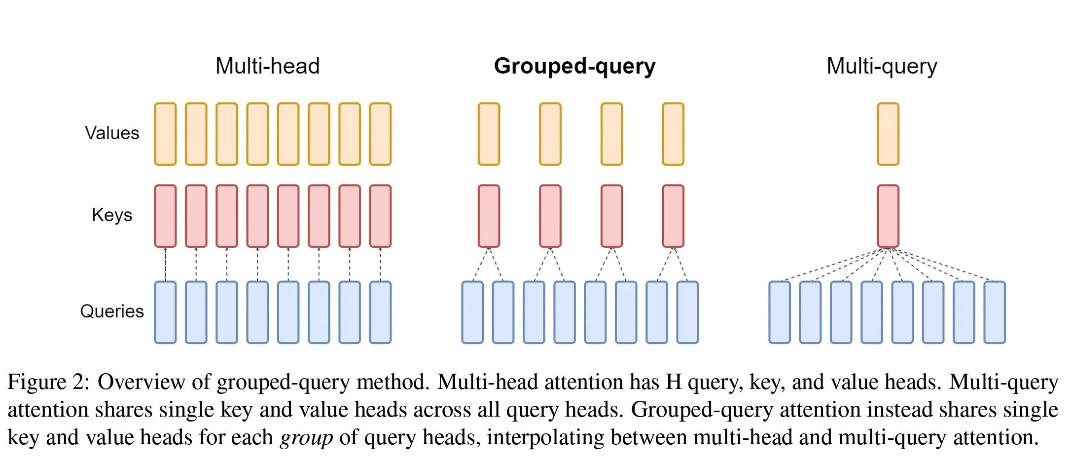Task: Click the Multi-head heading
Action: coord(267,66)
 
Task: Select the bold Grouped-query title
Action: coord(574,66)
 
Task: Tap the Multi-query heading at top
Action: coord(882,66)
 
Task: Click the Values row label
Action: coord(112,133)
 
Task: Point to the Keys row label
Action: coord(112,215)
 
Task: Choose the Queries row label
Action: coord(112,311)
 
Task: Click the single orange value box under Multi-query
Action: coord(888,134)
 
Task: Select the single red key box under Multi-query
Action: coord(888,216)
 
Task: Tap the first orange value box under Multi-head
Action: coord(165,134)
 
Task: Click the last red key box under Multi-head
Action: coord(380,216)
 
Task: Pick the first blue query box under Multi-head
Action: coord(165,312)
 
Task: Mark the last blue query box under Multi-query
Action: coord(994,312)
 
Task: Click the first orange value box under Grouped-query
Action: coord(489,134)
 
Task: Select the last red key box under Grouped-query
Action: coord(673,216)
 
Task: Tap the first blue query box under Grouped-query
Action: coord(472,312)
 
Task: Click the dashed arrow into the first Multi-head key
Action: coord(165,264)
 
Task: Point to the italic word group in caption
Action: coord(306,437)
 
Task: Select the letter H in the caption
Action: coord(674,382)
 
